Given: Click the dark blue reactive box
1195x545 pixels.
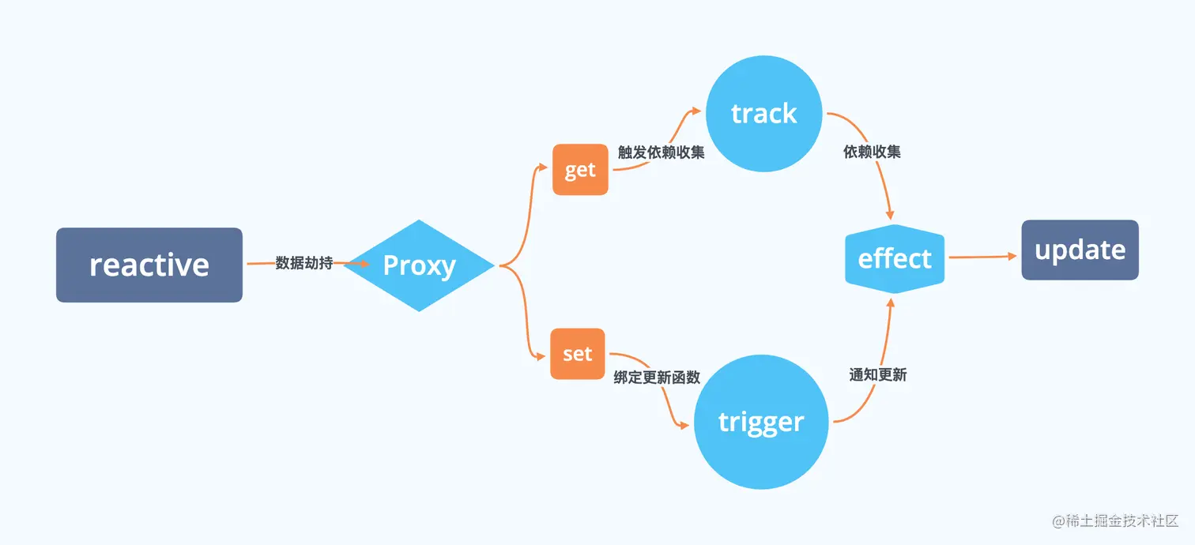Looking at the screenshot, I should pos(149,265).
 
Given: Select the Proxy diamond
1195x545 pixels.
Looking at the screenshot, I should pos(419,265).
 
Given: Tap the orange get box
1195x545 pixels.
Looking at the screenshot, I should pos(580,169).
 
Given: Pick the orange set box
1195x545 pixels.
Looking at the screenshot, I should pos(577,354).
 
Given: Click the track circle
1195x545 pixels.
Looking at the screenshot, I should pos(763,114).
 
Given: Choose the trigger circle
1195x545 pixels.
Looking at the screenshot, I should pos(760,422).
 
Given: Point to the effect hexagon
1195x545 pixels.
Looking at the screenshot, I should pos(895,258).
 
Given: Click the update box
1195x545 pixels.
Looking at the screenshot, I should pos(1080,250).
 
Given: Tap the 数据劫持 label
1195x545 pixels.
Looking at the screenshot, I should pos(303,263).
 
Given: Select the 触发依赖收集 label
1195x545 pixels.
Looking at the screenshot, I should pos(661,152).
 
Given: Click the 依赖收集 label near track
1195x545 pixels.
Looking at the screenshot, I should pos(872,152).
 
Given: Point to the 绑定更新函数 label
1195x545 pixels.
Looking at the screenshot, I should pos(657,378).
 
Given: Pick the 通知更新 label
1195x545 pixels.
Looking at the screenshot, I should pos(877,375).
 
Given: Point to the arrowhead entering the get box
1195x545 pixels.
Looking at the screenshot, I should pos(542,167).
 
